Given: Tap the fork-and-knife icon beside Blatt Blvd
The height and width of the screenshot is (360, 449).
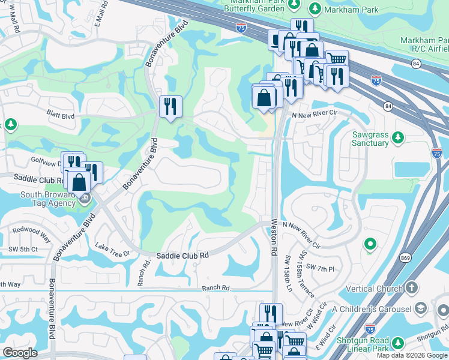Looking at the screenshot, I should (170, 107).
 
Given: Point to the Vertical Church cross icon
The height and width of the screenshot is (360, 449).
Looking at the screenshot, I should (411, 289).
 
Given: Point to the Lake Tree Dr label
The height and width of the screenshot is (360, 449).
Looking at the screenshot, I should (113, 250).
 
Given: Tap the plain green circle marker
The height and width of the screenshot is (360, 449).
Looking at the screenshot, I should (370, 244).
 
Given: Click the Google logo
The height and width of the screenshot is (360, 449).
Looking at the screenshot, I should (20, 353).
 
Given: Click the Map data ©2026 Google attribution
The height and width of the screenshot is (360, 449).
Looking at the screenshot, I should (412, 355).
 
